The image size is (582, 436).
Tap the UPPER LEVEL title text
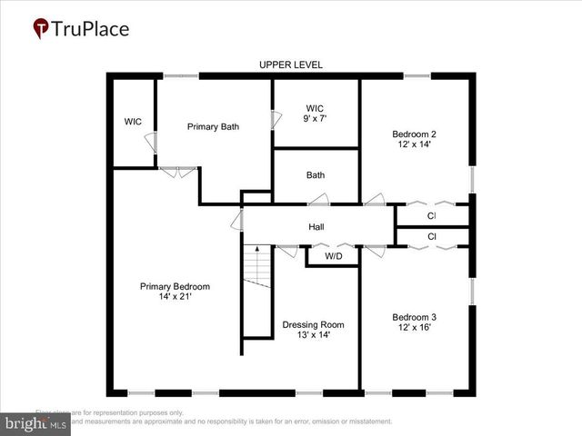pos(291,64)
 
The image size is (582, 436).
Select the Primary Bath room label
pos(213,126)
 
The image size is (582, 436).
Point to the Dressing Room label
pos(313,324)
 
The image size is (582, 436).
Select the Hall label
pos(316,227)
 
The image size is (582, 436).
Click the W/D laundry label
pos(334,256)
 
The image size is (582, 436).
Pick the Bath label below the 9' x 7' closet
pos(316,175)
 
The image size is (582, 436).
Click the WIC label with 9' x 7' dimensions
pos(315,114)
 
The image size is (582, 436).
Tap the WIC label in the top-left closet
pos(134,122)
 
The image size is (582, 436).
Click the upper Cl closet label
pos(432,216)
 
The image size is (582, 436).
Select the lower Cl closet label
pos(432,236)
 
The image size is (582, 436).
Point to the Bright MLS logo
pos(36,423)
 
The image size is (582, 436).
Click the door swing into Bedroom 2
pos(374,201)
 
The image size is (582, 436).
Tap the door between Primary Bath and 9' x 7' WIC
pos(276,119)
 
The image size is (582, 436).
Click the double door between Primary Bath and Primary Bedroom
pos(177,170)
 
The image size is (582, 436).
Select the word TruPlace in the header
pos(90,29)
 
